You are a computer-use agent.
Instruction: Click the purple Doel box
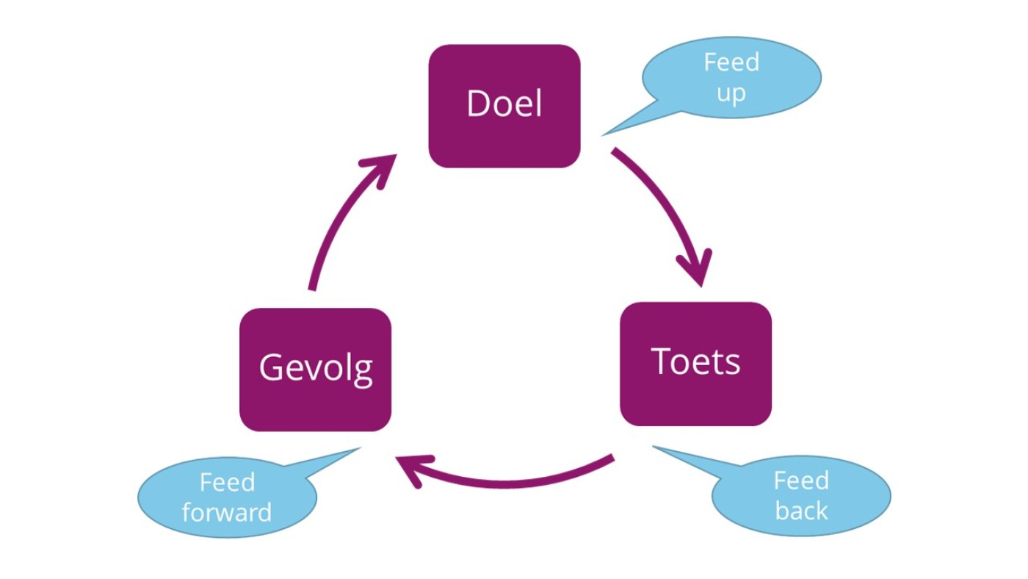point(504,106)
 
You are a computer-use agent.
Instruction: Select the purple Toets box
point(695,364)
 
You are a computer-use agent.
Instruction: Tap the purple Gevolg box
point(315,370)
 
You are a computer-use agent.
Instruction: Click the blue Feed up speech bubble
point(731,77)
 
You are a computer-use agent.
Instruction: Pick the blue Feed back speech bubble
point(801,496)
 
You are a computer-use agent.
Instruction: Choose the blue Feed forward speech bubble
point(227,497)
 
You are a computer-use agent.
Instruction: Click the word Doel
point(504,104)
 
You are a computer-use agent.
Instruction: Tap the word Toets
point(695,361)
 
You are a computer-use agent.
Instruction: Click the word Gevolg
point(316,367)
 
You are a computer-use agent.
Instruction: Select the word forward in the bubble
point(227,512)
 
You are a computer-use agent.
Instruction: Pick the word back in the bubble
point(801,511)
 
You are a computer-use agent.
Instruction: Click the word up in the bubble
point(731,93)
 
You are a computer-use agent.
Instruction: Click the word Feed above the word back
point(801,481)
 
